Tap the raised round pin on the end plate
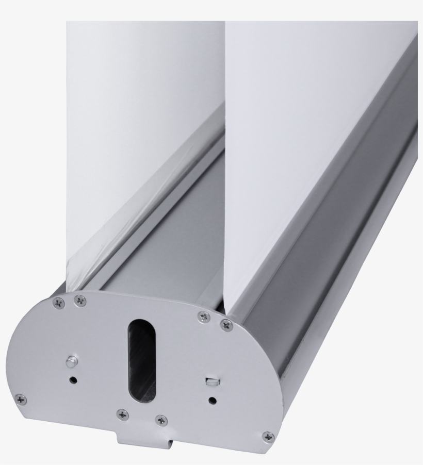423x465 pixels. point(72,360)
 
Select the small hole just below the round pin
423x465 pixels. point(73,380)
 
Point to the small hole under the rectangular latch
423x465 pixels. point(211,400)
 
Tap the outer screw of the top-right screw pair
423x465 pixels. point(225,324)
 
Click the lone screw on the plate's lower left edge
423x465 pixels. point(20,398)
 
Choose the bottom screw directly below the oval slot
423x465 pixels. point(122,413)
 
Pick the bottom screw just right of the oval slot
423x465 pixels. point(161,420)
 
